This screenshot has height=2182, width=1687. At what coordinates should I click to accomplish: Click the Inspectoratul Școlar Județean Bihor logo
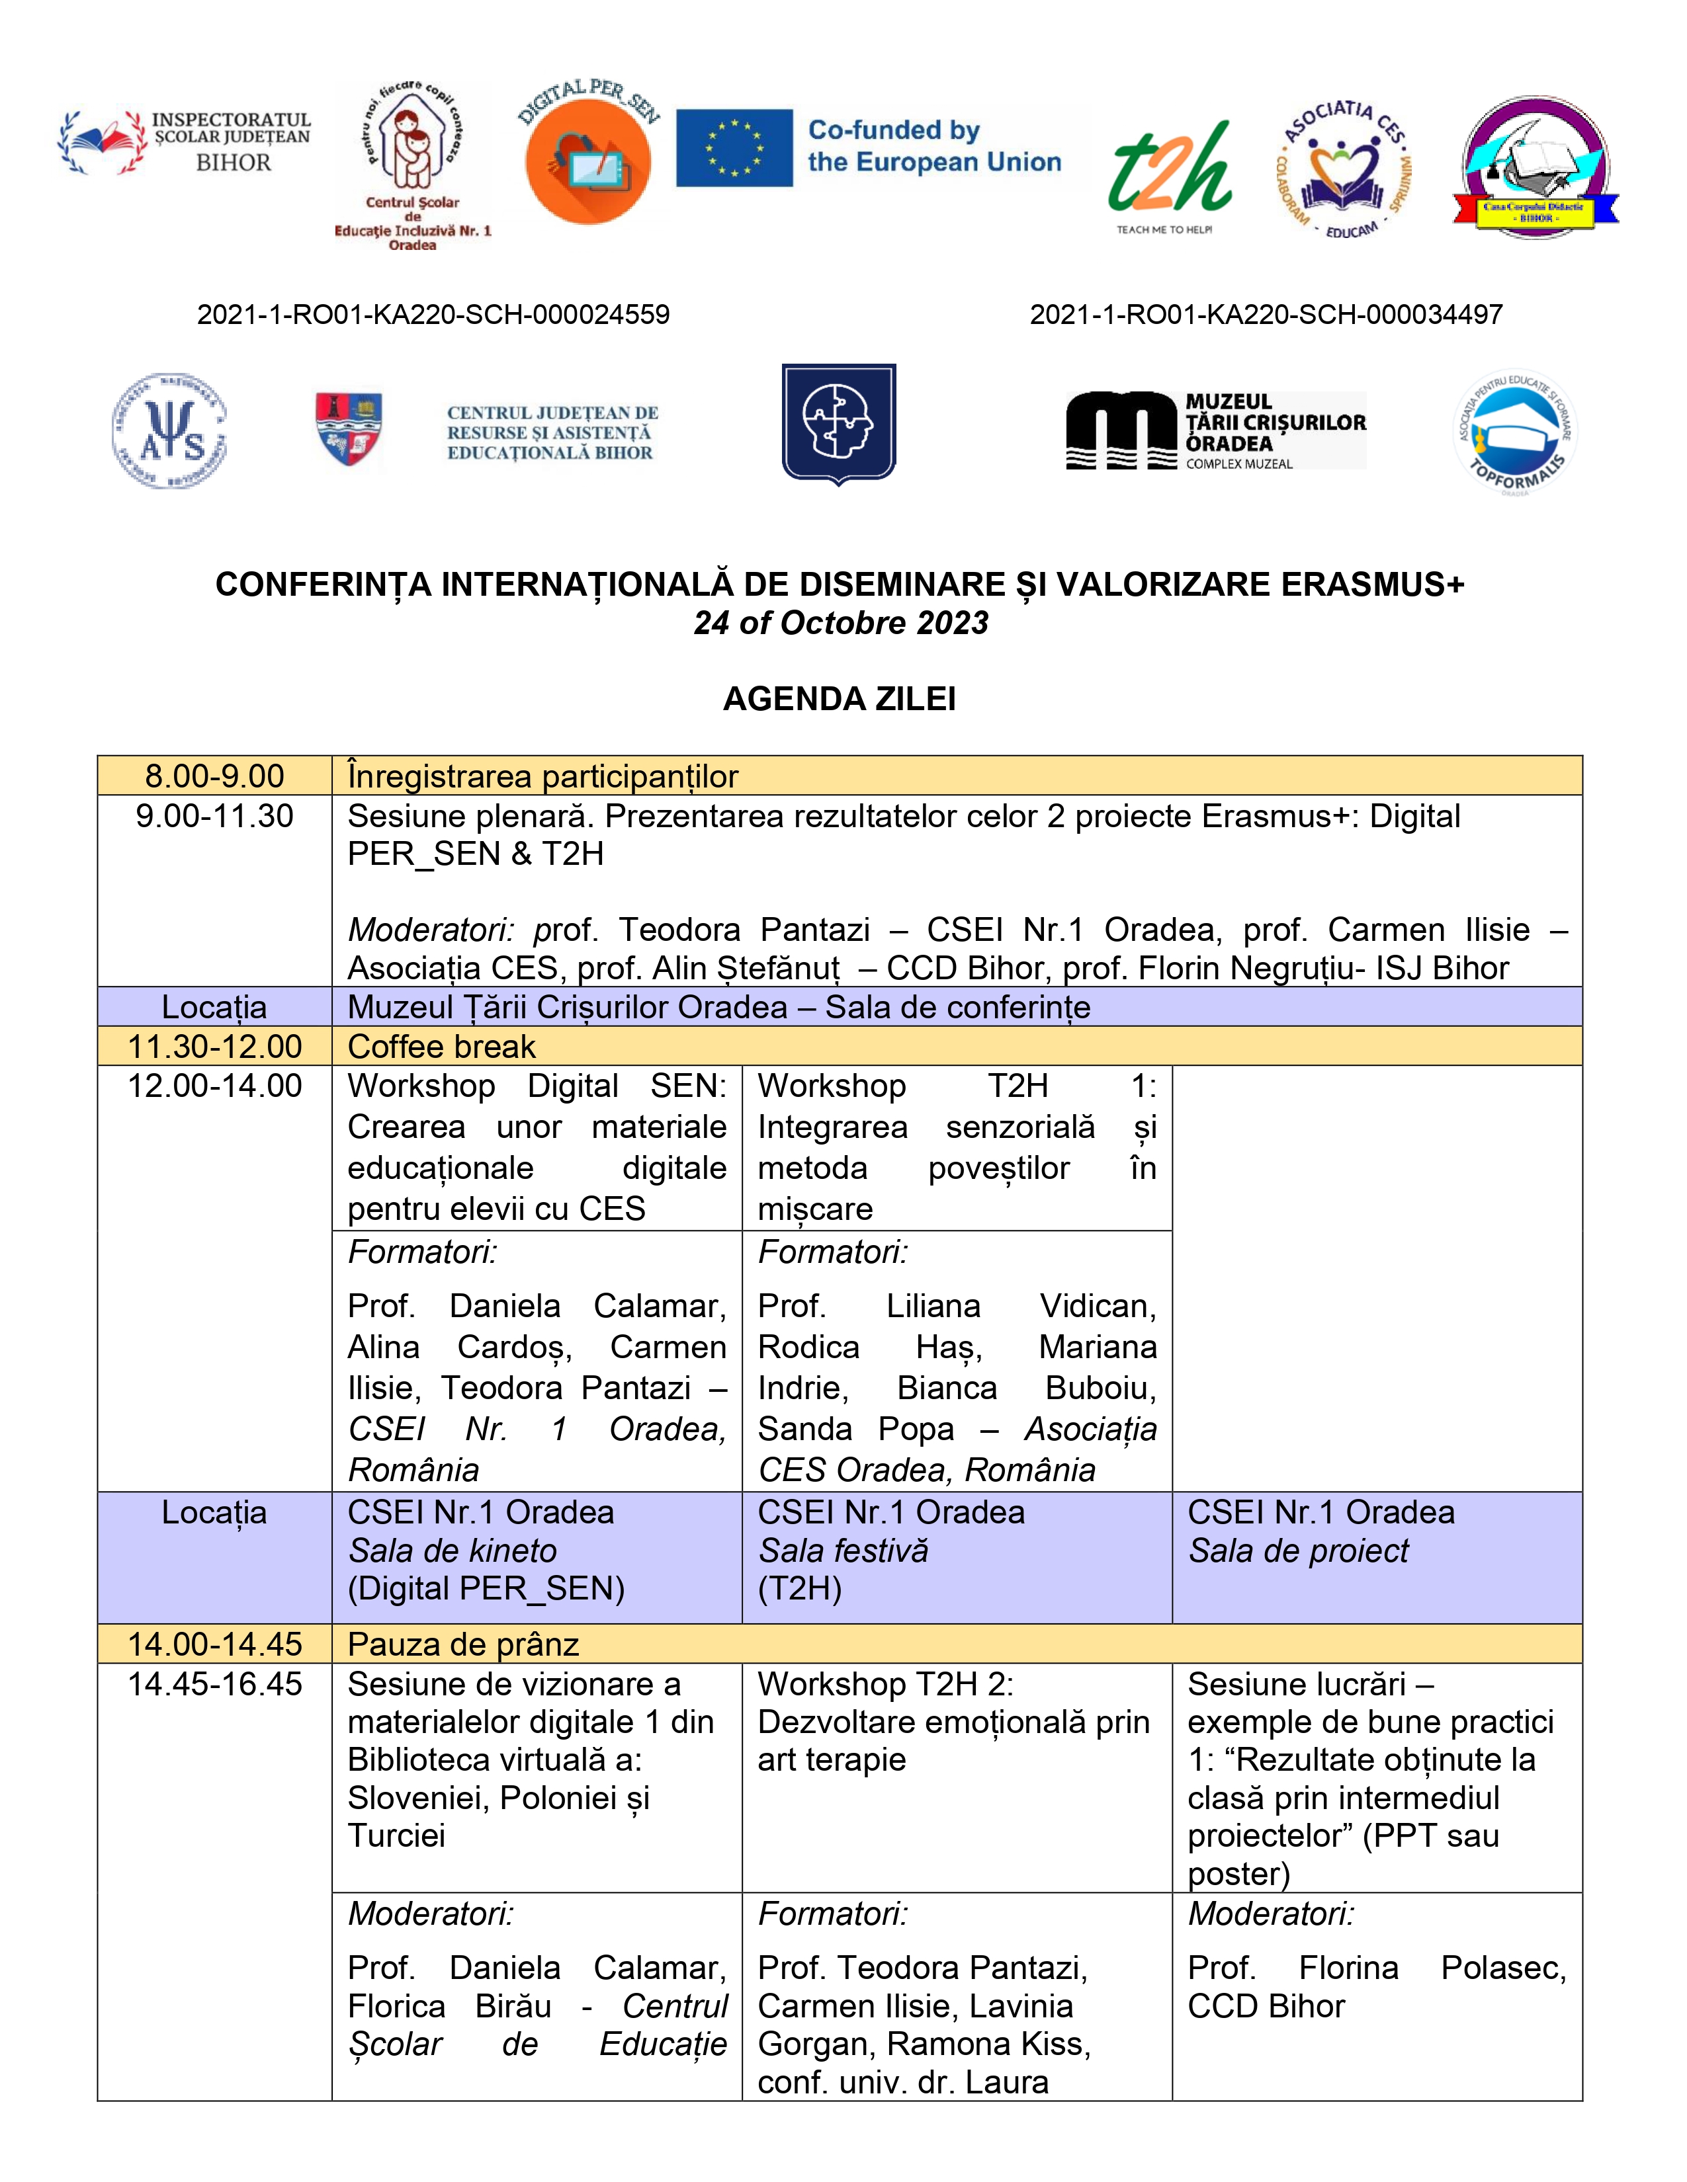[x=185, y=143]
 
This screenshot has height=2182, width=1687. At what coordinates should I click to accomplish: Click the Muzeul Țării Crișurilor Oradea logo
[x=1215, y=430]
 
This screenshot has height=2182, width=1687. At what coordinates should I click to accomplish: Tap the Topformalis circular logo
[x=1514, y=432]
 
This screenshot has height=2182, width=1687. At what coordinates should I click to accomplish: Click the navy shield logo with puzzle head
[x=838, y=423]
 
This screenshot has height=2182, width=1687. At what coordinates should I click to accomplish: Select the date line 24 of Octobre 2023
[x=840, y=622]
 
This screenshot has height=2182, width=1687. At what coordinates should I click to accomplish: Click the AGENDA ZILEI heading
[x=840, y=698]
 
